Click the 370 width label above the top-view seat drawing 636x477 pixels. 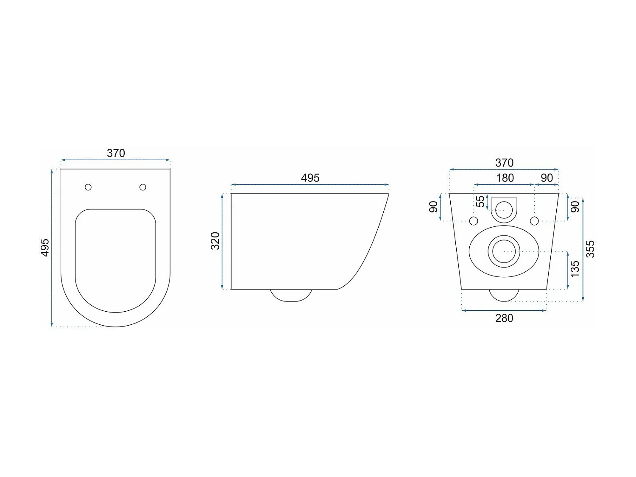tap(116, 153)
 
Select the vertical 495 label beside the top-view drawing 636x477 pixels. tap(45, 248)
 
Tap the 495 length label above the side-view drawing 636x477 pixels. tap(310, 178)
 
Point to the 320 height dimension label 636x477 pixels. tap(215, 241)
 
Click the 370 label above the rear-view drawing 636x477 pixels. tap(504, 163)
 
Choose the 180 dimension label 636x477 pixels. tap(505, 178)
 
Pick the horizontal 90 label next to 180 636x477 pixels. tap(547, 178)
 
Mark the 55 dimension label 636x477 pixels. tap(480, 201)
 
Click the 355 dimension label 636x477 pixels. tap(590, 249)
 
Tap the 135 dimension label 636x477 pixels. tap(575, 269)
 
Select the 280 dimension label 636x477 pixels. tap(504, 318)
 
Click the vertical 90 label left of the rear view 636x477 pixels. tap(433, 207)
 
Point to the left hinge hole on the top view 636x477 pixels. tap(88, 187)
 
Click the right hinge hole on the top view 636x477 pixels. tap(143, 187)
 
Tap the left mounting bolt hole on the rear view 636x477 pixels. tap(474, 221)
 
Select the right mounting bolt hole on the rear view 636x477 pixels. tap(534, 221)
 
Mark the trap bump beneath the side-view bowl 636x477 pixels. tap(291, 295)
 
